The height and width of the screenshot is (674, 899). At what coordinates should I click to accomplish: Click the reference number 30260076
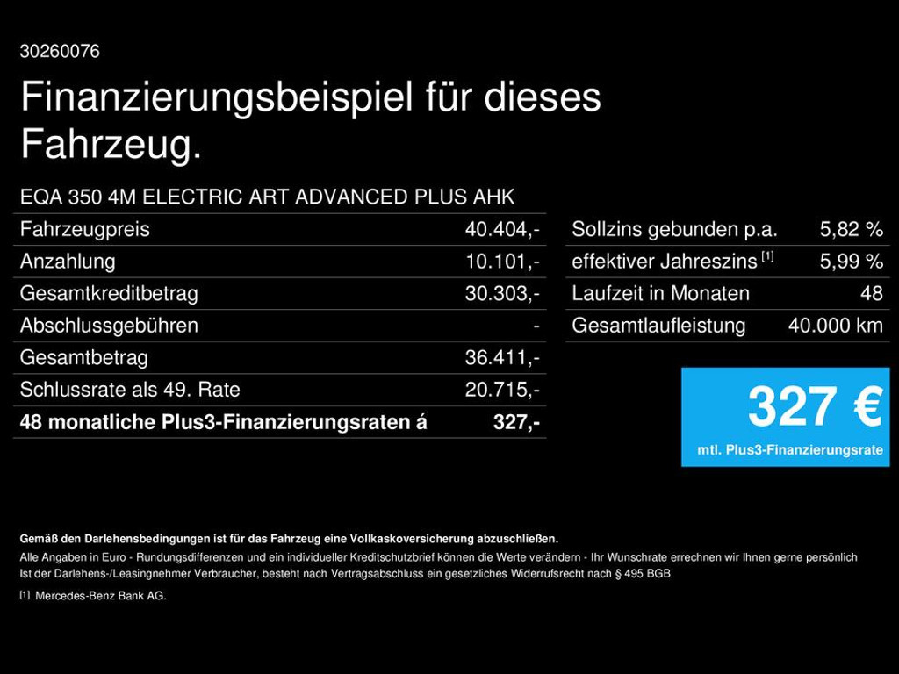[x=60, y=52]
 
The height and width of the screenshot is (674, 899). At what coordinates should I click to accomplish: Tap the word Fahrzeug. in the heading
[x=111, y=145]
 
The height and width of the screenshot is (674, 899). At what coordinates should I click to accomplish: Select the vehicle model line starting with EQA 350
[x=267, y=197]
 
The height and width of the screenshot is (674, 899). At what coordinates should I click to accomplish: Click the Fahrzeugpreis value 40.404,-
[x=501, y=230]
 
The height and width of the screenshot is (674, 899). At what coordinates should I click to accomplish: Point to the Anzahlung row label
[x=68, y=262]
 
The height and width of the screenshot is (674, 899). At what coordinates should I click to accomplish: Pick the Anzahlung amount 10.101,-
[x=501, y=262]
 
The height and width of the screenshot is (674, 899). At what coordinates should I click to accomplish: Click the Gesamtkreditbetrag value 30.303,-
[x=501, y=294]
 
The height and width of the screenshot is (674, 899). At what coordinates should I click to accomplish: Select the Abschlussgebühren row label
[x=109, y=326]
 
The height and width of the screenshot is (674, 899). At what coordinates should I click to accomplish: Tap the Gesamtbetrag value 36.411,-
[x=501, y=358]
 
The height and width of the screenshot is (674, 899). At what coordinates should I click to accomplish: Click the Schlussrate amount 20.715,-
[x=501, y=390]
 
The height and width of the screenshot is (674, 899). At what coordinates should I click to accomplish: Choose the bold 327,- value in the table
[x=515, y=422]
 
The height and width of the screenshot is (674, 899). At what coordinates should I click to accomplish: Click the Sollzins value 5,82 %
[x=851, y=230]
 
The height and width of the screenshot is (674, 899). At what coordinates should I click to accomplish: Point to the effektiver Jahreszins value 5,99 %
[x=851, y=262]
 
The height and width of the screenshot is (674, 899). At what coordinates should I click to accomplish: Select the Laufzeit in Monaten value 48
[x=871, y=294]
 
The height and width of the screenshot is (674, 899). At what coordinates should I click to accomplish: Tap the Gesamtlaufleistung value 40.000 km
[x=835, y=326]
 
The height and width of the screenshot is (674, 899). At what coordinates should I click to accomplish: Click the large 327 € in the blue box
[x=814, y=407]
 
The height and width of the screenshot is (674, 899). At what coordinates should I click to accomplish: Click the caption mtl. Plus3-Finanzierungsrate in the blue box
[x=790, y=450]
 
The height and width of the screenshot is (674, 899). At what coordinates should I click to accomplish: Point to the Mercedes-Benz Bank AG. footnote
[x=100, y=596]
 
